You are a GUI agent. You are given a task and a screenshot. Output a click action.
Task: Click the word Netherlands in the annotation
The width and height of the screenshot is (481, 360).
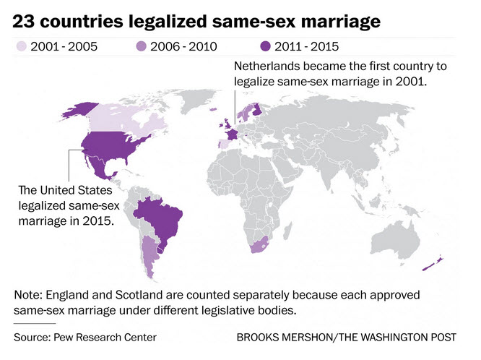point(266,67)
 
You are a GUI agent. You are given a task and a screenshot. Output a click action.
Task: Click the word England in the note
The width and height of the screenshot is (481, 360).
point(70,296)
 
